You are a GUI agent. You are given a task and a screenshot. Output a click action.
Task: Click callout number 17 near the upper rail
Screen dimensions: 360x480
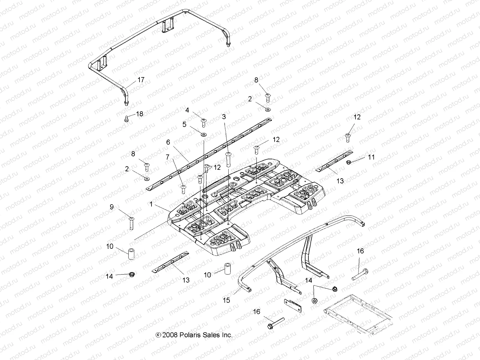(141, 80)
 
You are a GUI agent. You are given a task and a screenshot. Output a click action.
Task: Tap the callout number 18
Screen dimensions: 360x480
(139, 114)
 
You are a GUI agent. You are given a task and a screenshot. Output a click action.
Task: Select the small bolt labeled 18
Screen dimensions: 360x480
(126, 119)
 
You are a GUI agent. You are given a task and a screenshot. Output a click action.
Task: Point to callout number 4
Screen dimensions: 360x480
(187, 110)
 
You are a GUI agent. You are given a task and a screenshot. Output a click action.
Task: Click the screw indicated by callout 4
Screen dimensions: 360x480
(204, 122)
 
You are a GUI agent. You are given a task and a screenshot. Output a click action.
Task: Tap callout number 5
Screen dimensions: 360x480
(184, 124)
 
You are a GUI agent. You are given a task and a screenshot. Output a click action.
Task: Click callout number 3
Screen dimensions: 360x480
(224, 117)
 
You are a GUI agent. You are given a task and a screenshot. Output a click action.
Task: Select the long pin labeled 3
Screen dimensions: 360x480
(228, 159)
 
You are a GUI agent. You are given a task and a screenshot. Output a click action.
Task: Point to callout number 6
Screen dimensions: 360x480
(168, 142)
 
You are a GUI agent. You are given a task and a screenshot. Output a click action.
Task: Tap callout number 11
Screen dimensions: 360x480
(371, 157)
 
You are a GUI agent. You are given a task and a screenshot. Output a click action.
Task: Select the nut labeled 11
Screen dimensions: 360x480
(349, 162)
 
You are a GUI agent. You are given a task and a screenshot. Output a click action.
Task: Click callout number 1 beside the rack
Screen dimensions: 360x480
(151, 204)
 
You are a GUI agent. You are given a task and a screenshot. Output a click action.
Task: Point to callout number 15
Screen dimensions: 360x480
(226, 300)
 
